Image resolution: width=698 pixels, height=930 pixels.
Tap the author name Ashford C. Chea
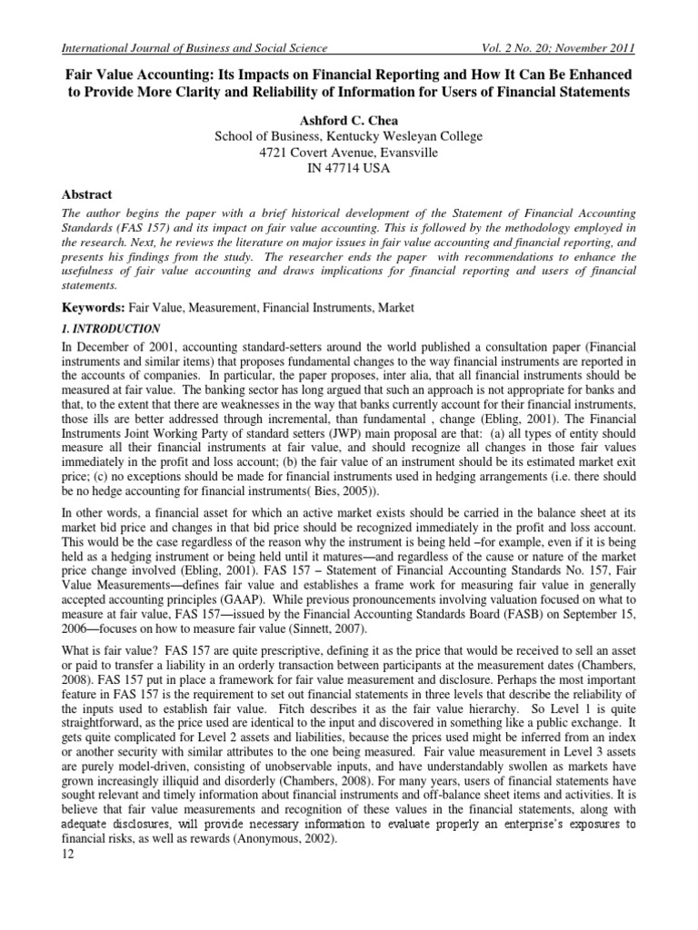[x=348, y=120]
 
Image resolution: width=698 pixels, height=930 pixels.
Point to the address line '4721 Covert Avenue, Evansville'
[x=348, y=153]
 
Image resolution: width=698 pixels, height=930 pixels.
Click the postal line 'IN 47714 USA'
[x=348, y=169]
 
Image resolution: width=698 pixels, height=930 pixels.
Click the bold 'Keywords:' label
[x=86, y=309]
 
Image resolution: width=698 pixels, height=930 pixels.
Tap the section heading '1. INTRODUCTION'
[x=107, y=329]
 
